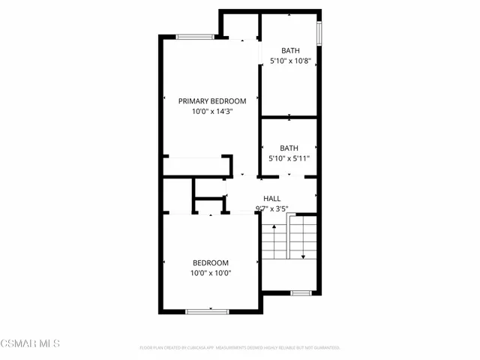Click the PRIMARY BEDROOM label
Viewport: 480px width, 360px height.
[x=212, y=100]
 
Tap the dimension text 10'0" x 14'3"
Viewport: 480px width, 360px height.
[x=212, y=111]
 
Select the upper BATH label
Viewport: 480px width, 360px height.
[x=289, y=51]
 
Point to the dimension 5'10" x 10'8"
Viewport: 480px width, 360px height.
[x=289, y=61]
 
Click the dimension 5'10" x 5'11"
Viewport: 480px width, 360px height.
[x=289, y=158]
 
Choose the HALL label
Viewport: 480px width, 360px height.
[x=272, y=199]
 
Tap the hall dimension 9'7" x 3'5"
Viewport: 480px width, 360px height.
[x=272, y=209]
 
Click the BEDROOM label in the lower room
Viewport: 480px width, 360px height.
[x=211, y=262]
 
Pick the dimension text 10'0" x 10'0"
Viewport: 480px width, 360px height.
[x=211, y=273]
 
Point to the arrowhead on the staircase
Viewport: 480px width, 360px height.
[x=303, y=257]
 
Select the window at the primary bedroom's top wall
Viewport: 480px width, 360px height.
[x=198, y=36]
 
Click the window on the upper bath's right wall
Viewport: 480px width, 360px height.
[x=319, y=34]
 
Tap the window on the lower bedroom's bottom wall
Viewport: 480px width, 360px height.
[x=207, y=311]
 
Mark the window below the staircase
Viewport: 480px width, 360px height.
[x=301, y=292]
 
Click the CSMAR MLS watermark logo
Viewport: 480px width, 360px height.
[x=30, y=343]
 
